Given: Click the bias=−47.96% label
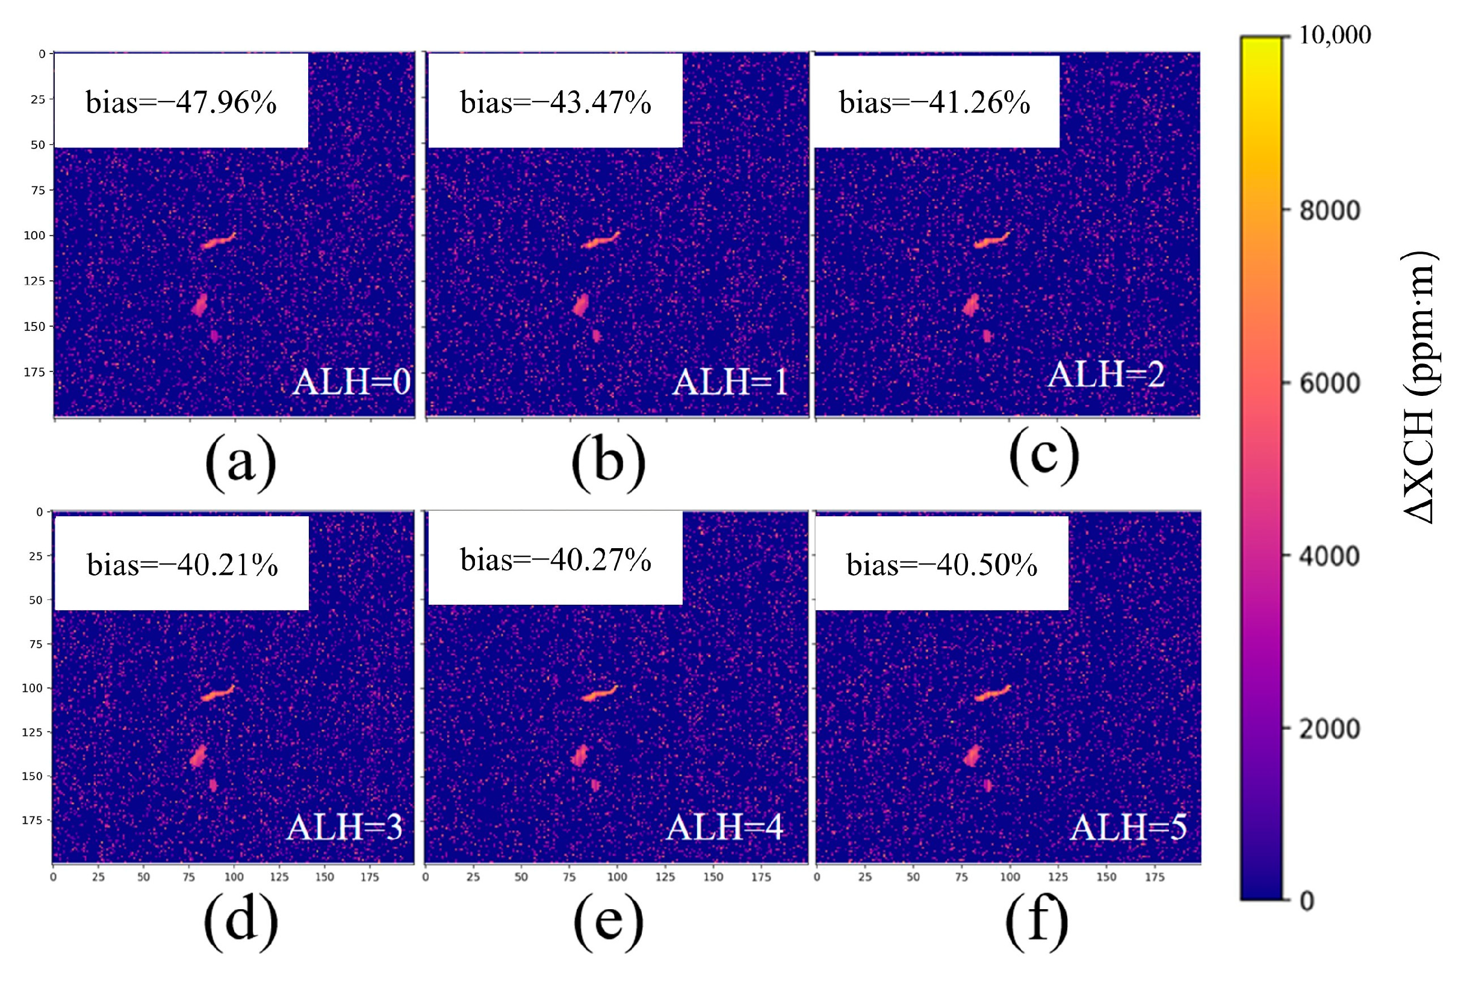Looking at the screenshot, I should click(x=181, y=102).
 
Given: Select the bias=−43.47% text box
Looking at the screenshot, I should click(x=555, y=102).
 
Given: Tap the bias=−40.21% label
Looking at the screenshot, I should click(x=182, y=564).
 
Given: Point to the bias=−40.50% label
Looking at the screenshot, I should click(x=941, y=564).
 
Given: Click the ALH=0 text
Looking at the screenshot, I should click(x=352, y=381).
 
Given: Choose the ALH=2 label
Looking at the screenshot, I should click(x=1106, y=374).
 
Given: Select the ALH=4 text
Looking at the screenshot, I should click(x=724, y=827).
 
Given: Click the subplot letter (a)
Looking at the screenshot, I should click(x=241, y=462).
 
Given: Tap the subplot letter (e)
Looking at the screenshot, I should click(x=609, y=921).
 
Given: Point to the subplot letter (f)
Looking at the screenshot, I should click(x=1036, y=921).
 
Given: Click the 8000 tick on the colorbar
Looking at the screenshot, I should click(x=1329, y=211).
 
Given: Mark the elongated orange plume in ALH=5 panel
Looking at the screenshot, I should click(x=991, y=693).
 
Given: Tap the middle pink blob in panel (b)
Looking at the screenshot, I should click(x=581, y=305).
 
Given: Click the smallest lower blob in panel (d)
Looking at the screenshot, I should click(x=214, y=785).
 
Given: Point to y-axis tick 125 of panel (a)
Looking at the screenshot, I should click(x=34, y=281).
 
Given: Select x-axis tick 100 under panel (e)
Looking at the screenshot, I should click(x=617, y=877).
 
